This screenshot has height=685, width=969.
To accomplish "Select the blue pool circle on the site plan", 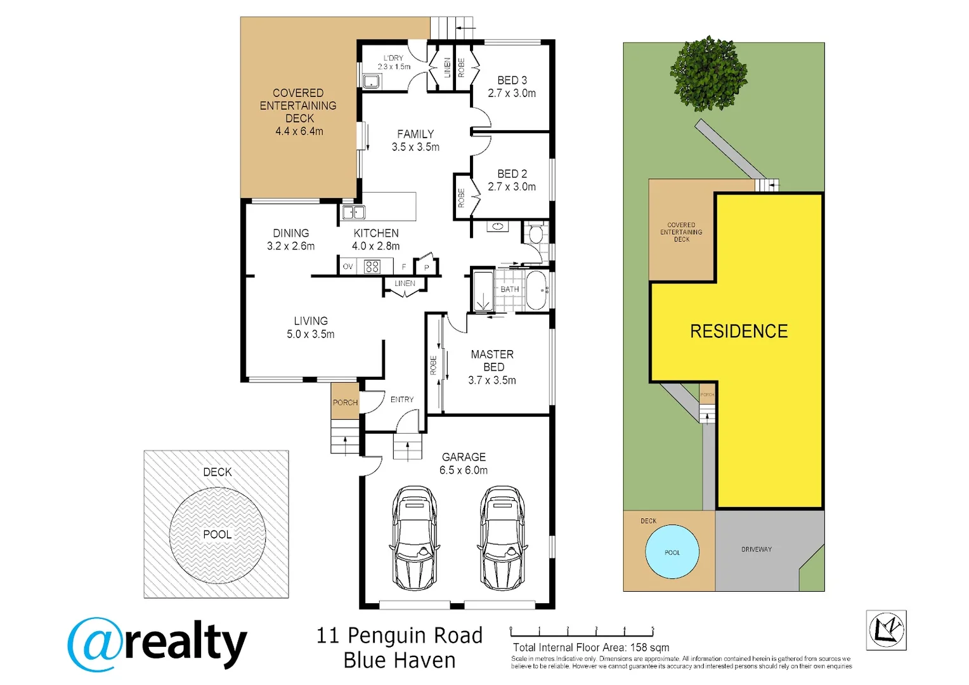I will point(672,552).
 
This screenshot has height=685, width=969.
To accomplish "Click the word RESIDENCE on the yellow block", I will point(739,331).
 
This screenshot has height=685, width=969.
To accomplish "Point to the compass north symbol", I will point(886,630).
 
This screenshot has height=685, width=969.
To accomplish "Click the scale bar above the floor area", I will point(581,632).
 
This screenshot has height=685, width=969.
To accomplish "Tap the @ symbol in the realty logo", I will point(95,644).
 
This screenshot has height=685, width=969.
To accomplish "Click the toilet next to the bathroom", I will point(535,234).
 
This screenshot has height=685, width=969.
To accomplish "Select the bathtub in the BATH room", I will point(537,290).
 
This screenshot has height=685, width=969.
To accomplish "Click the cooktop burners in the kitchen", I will point(372,266).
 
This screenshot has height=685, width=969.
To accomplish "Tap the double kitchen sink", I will point(353,212).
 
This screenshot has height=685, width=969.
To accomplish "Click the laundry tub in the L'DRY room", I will point(371,81).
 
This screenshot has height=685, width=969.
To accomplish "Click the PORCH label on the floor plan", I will point(345,402).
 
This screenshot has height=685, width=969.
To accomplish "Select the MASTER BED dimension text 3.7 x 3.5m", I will point(491,381).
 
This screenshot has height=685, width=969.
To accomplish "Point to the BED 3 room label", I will point(512,81).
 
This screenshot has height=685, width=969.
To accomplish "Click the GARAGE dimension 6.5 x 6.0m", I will point(464,470).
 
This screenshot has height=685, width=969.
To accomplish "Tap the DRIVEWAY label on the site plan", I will point(757,549).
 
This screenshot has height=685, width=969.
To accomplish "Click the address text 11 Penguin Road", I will point(400,635).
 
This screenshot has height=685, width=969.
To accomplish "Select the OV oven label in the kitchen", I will point(348,267).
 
